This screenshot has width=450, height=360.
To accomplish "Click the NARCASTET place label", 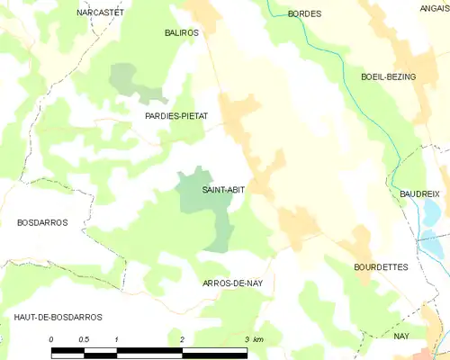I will tap(100, 13).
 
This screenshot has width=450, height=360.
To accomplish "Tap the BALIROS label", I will tap(180, 32).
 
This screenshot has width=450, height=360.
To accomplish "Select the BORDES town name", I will tap(304, 14).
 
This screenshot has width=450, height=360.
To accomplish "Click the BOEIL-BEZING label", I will tap(388, 77).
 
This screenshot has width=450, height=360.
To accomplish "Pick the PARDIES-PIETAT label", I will tap(176, 117).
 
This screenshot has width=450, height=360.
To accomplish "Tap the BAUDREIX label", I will tap(419, 193).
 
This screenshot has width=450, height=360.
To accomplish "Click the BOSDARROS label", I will tap(42, 222).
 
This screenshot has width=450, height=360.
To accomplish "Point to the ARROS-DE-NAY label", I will tap(233, 283).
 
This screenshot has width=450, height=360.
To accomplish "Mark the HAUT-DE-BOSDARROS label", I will tap(58, 318).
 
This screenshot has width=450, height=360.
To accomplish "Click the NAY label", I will tap(401, 336).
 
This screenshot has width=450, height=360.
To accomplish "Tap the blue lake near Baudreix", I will tap(430, 214).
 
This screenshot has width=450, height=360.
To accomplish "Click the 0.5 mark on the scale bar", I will tap(84, 339).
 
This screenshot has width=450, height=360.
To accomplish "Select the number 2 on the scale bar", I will tap(182, 339).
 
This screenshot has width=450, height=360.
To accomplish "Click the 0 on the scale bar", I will tap(51, 339).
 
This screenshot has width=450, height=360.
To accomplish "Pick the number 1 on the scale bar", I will tap(117, 339).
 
